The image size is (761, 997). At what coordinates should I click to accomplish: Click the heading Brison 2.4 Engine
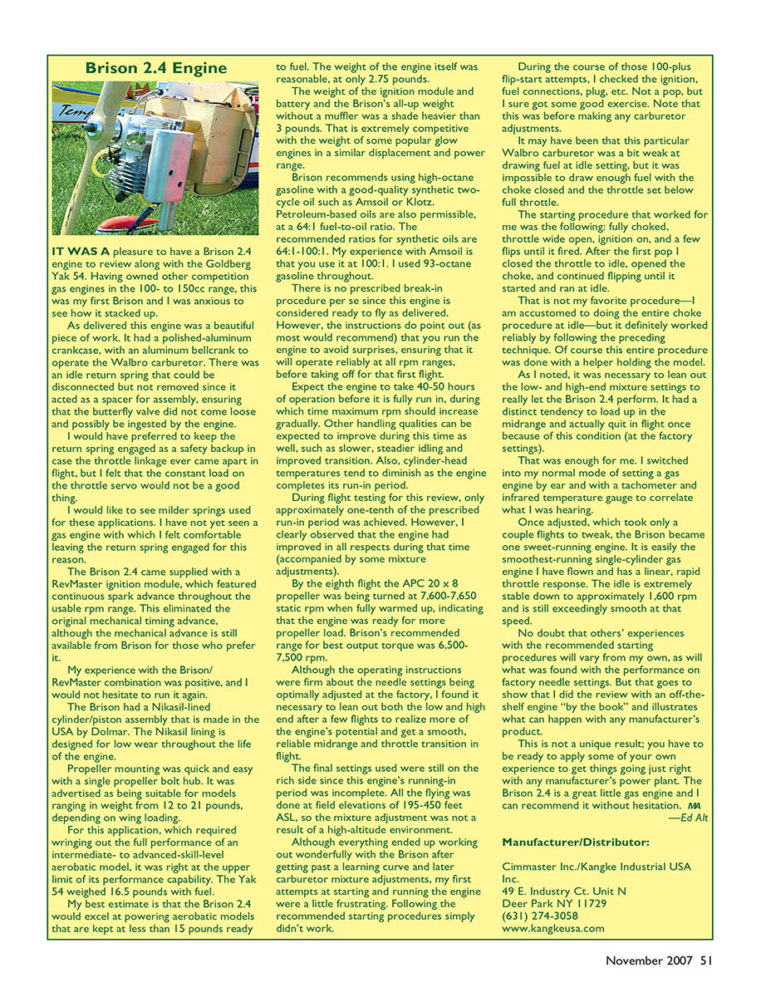pos(155,67)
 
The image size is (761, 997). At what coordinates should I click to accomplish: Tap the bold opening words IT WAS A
pos(79,250)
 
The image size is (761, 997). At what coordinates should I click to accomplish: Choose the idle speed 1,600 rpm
pos(661,596)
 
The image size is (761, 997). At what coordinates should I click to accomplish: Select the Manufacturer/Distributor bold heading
pos(576,842)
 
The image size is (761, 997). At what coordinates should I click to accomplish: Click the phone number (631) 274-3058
pos(541,916)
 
